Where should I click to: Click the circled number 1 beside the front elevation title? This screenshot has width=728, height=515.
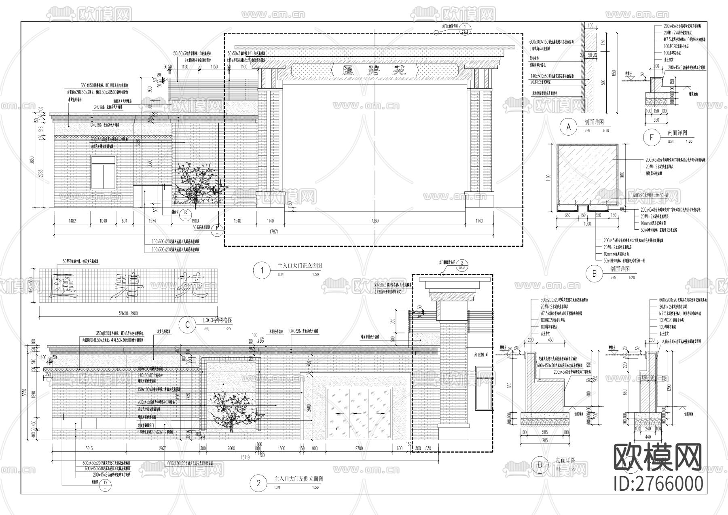tap(262, 271)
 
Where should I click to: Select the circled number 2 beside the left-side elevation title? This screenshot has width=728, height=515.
tap(258, 483)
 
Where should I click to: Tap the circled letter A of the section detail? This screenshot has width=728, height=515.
tap(569, 127)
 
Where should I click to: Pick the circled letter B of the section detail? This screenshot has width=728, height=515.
tap(595, 274)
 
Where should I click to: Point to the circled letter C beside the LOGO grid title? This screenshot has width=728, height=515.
tap(187, 325)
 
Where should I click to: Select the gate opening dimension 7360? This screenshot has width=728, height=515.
tap(375, 221)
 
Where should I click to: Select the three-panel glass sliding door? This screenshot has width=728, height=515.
tap(359, 413)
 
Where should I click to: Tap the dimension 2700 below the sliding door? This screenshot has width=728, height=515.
tap(358, 448)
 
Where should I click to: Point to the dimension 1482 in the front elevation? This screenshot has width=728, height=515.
tap(73, 221)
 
